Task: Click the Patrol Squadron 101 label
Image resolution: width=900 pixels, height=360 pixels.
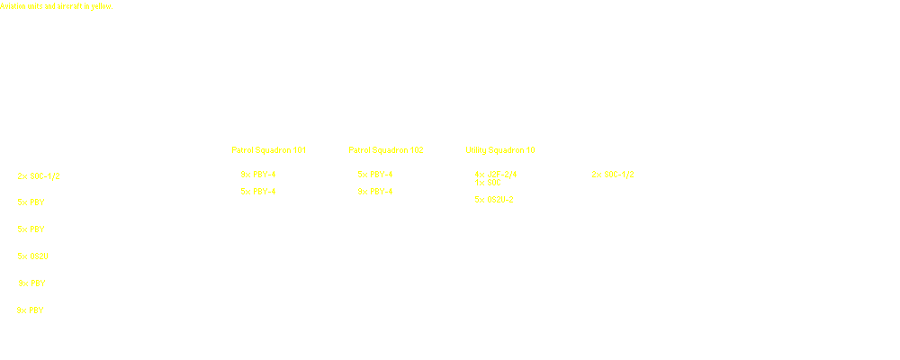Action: pos(268,149)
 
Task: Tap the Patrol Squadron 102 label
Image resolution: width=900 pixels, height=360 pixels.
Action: pos(385,149)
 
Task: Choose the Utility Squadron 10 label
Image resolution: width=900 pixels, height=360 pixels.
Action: pos(499,149)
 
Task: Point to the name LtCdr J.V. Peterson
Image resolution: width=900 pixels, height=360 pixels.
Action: pos(274,158)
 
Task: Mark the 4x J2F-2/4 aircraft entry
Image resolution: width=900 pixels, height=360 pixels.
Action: pos(494,175)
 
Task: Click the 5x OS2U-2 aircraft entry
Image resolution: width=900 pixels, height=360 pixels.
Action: pos(494,200)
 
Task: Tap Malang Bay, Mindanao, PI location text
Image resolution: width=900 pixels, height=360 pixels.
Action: pos(274,184)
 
